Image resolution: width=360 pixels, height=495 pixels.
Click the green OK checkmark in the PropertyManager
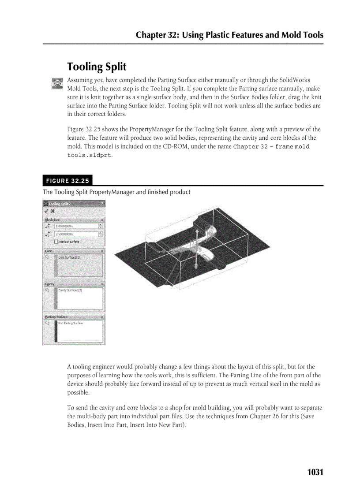[x=46, y=211]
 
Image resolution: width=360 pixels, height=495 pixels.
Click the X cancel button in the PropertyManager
[x=52, y=211]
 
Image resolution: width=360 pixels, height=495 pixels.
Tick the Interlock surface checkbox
[x=56, y=242]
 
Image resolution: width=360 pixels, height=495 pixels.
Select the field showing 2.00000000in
[x=75, y=226]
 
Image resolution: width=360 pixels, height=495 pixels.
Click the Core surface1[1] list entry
[x=69, y=257]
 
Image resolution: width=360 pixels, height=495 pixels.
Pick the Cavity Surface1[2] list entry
[x=70, y=290]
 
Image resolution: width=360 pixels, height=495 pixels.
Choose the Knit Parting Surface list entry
[x=71, y=323]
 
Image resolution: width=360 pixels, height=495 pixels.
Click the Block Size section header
[x=52, y=219]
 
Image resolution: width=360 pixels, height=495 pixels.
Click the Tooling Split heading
[x=97, y=67]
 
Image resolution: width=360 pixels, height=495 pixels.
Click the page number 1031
[x=315, y=472]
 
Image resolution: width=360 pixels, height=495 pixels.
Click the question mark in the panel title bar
[x=102, y=204]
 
